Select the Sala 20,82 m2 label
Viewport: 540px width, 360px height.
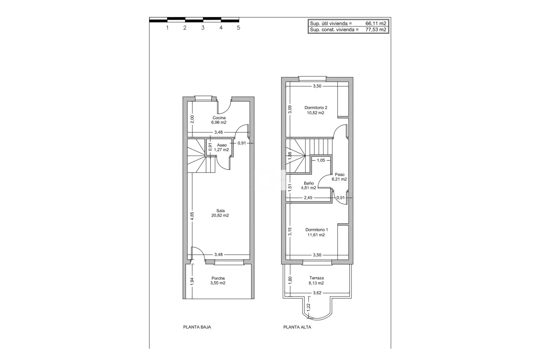tap(220, 213)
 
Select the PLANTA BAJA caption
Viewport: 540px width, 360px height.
tap(197, 327)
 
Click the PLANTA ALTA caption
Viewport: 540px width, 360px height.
tap(297, 327)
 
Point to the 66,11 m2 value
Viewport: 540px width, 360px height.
tap(376, 24)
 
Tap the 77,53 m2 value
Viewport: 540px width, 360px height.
tap(376, 30)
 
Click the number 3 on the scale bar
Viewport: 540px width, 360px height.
tap(203, 28)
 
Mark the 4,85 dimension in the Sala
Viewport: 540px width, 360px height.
tap(192, 215)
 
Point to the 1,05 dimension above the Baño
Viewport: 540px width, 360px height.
tap(321, 160)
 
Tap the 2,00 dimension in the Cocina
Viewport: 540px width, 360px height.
tap(192, 120)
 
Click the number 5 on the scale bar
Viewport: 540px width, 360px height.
tap(238, 28)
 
